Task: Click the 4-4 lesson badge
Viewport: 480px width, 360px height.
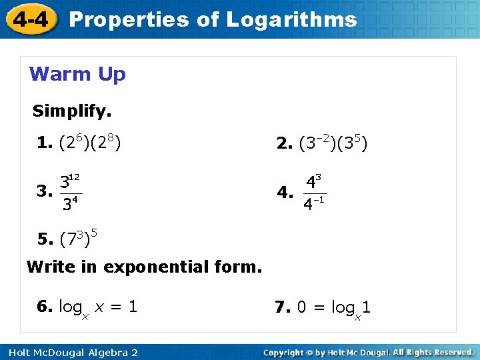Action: (x=29, y=19)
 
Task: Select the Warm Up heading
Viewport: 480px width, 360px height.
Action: (x=77, y=74)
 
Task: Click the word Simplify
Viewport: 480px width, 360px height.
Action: (x=72, y=111)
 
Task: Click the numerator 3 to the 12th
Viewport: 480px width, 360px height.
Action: (x=70, y=181)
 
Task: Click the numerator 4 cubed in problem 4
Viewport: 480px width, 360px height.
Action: (x=313, y=181)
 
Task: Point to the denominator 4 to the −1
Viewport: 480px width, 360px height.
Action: (x=313, y=203)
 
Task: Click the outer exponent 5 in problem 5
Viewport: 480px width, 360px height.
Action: (x=95, y=233)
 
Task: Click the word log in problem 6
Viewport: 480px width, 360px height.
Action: (x=71, y=307)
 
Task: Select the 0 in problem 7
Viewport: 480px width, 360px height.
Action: (x=302, y=307)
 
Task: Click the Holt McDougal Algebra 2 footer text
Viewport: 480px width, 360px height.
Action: (x=69, y=352)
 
